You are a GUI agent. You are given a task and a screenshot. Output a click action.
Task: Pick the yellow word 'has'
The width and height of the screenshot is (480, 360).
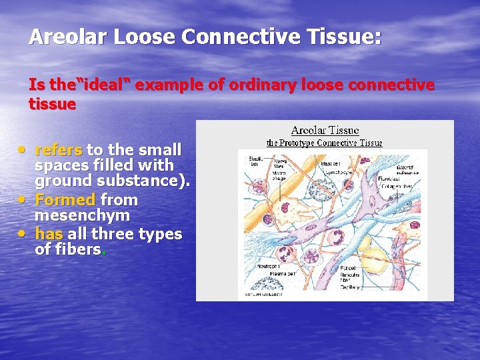click(x=49, y=234)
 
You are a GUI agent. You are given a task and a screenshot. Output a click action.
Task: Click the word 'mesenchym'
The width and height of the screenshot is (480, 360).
click(x=82, y=216)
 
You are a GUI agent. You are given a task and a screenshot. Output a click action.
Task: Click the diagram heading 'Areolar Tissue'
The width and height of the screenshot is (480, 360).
click(x=325, y=131)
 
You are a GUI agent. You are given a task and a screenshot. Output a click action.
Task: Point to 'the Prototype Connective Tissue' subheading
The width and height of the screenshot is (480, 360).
click(x=325, y=143)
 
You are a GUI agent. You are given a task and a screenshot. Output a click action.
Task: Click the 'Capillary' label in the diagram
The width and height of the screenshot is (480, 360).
click(x=350, y=287)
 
